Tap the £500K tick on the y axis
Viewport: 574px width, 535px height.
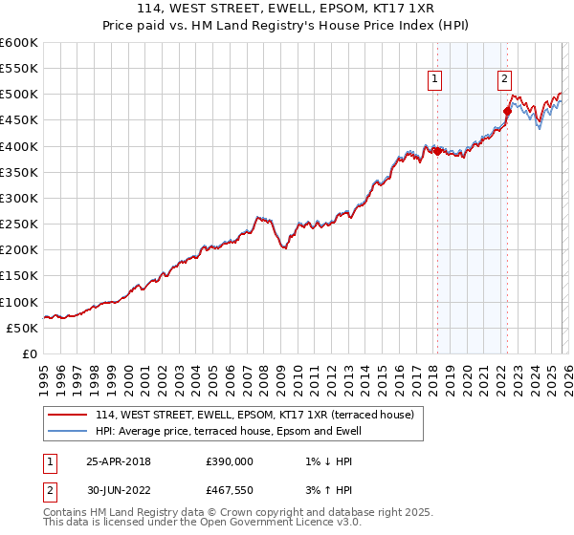pos(19,95)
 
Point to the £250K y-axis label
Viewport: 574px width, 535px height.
pos(19,225)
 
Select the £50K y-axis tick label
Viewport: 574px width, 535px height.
pos(23,328)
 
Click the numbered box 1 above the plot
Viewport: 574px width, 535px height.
pos(435,80)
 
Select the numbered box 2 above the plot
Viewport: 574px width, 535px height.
pos(504,80)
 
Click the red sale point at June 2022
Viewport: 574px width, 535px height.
pos(507,111)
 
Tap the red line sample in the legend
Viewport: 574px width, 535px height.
pos(69,415)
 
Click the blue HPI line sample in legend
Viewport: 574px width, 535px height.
pos(69,431)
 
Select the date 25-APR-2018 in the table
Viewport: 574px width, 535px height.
pos(119,460)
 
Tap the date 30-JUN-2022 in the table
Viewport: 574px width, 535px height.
pos(119,491)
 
